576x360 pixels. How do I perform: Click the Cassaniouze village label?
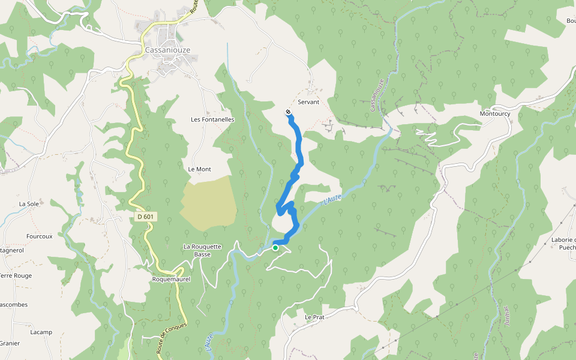click(163, 50)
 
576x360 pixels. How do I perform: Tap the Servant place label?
click(308, 102)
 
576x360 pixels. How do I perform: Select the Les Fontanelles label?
click(212, 119)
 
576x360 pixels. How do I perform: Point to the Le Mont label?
click(200, 169)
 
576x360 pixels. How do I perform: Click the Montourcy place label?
click(494, 113)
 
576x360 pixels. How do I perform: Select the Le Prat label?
click(314, 317)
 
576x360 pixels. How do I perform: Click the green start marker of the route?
click(275, 247)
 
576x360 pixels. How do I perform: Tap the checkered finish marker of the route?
click(289, 112)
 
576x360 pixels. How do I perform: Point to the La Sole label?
click(29, 204)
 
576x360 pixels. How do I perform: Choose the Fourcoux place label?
click(40, 236)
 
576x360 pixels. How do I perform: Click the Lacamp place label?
click(41, 332)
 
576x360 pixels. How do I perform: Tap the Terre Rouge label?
click(15, 276)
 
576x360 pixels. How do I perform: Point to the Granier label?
click(10, 343)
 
